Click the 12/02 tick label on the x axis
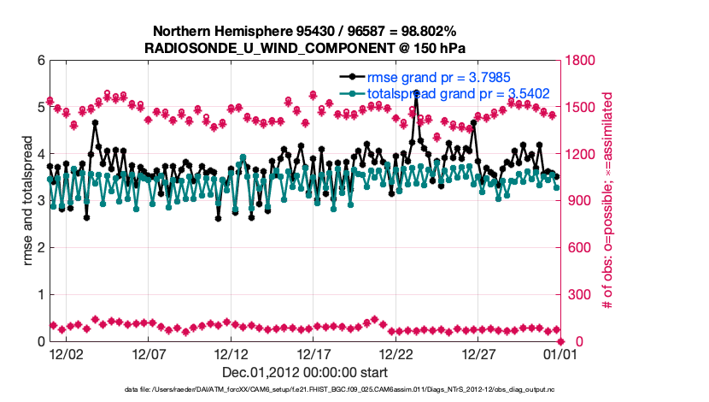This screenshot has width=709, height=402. [x=66, y=353]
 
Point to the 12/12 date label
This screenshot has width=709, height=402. [x=231, y=353]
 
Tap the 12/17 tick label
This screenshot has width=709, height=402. [x=314, y=353]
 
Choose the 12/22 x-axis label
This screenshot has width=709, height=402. [x=397, y=353]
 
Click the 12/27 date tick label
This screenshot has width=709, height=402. [x=480, y=353]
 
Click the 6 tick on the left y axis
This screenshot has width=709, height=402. [x=40, y=61]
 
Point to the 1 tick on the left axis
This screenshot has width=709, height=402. [x=40, y=294]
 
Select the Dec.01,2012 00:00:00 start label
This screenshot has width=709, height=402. [x=304, y=372]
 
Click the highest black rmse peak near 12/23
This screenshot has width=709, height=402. [x=415, y=93]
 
